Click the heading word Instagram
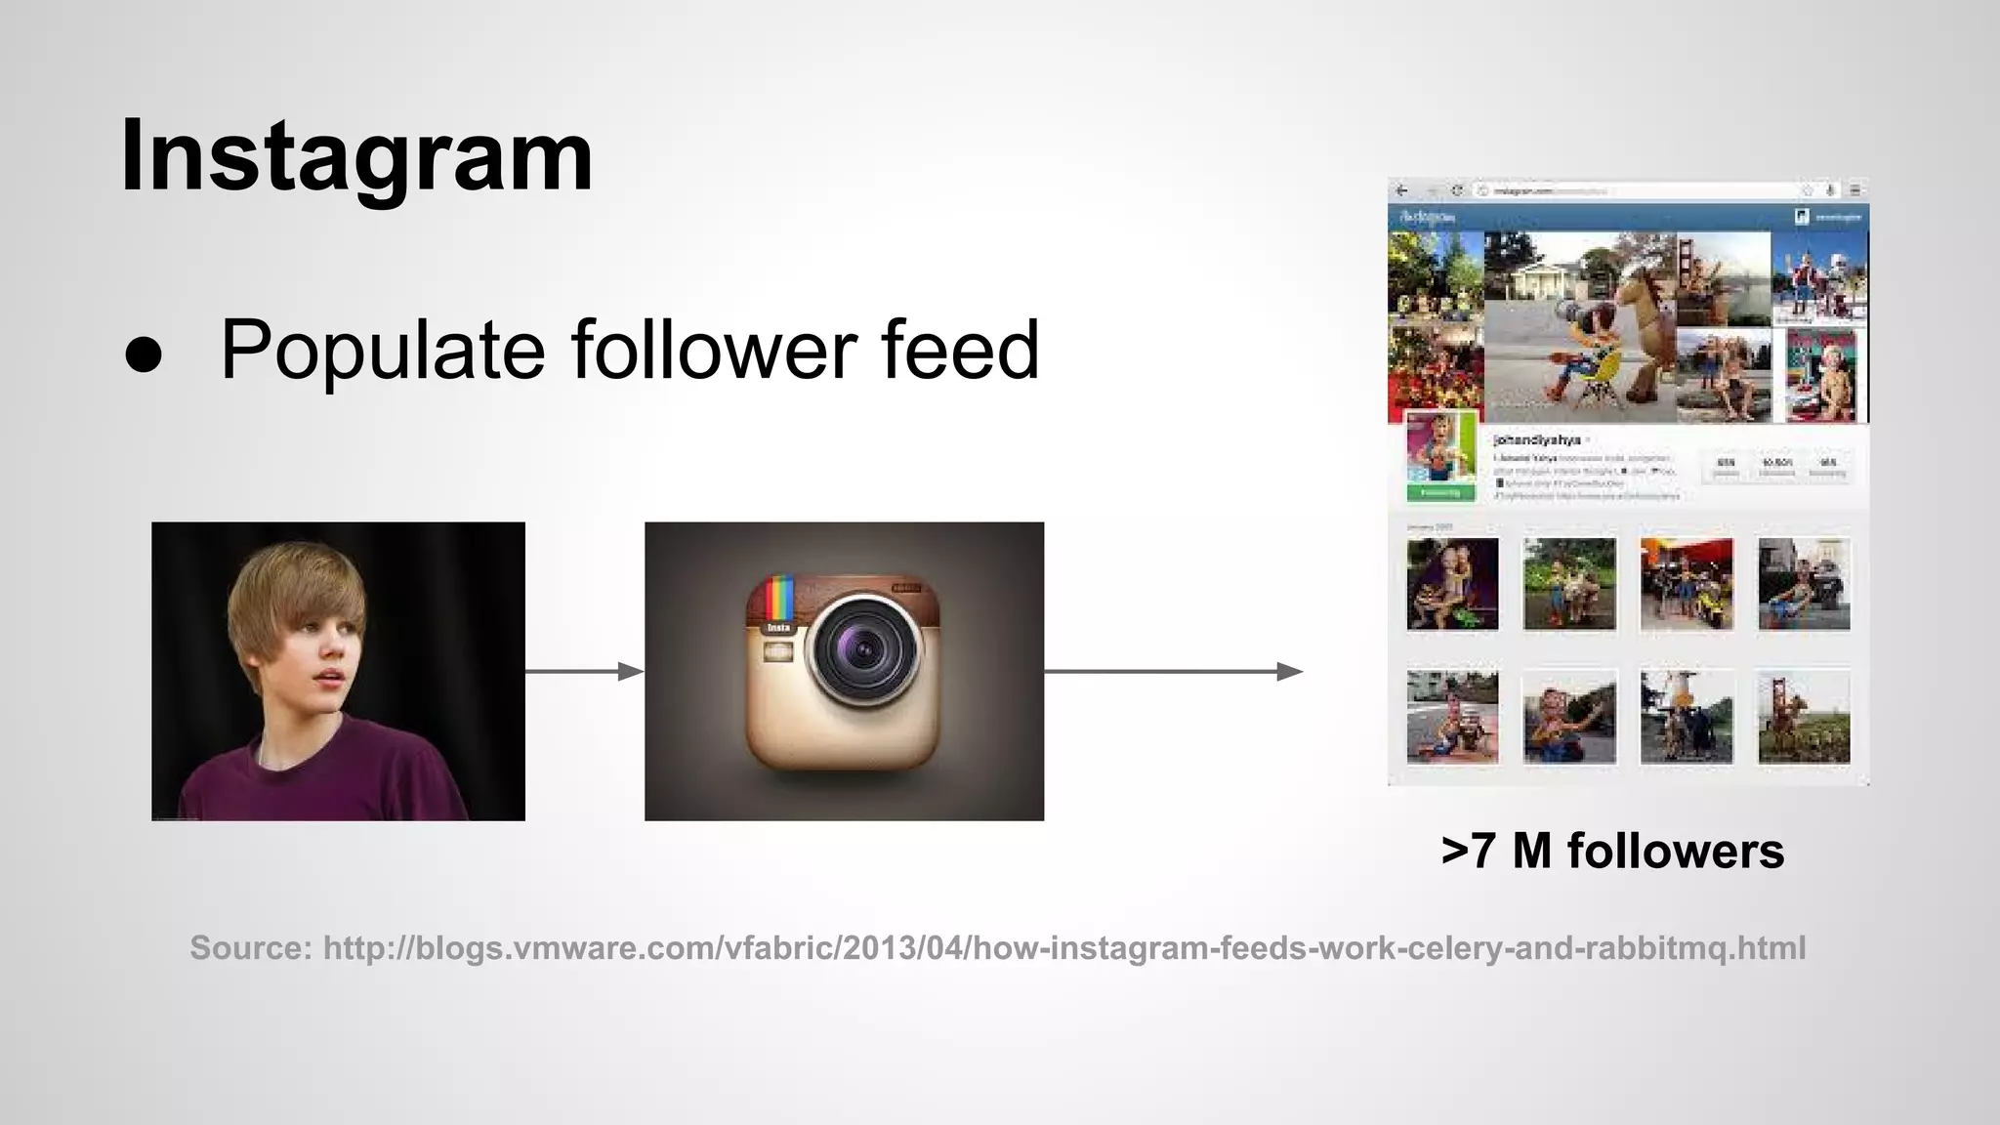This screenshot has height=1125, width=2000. click(356, 156)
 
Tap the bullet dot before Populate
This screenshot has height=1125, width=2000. click(144, 355)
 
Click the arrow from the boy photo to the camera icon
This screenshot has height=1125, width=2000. click(584, 671)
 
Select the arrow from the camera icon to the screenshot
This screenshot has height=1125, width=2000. click(1173, 671)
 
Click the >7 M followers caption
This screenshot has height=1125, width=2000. click(1612, 851)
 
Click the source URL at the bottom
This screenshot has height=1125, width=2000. click(1063, 947)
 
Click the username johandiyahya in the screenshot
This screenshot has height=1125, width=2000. click(1537, 440)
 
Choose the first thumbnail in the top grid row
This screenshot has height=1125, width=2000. click(1452, 584)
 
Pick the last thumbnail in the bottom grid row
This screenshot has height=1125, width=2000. click(1804, 716)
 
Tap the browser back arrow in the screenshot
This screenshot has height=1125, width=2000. click(1402, 190)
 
